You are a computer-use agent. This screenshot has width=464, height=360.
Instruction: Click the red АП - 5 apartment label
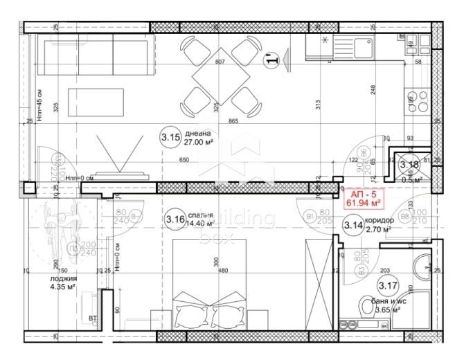coord(364,195)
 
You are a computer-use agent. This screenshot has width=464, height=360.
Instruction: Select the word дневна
coord(197,133)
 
